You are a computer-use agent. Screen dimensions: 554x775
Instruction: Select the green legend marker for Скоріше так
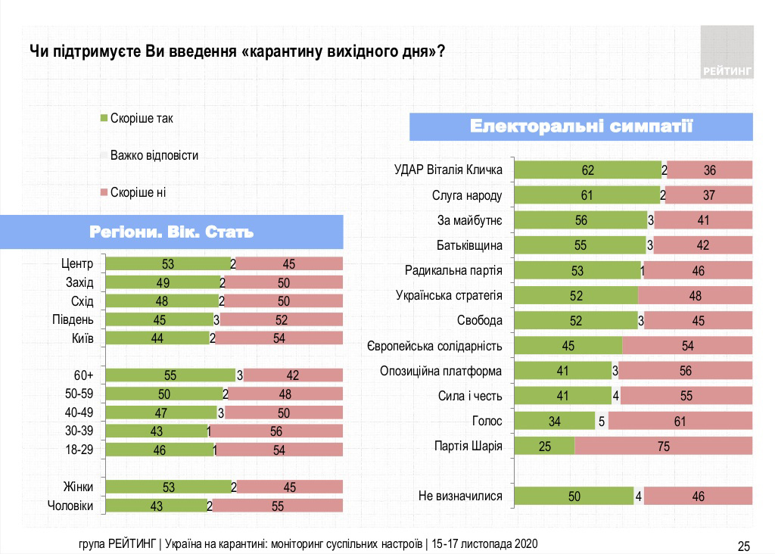point(104,118)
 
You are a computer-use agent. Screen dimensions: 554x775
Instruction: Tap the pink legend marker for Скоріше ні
point(104,192)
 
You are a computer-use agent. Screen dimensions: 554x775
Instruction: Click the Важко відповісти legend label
point(154,155)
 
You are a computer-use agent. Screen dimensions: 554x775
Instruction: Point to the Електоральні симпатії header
point(581,126)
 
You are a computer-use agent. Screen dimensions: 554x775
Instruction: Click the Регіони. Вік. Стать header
point(171,232)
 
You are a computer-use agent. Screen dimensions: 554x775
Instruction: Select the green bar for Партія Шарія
point(544,446)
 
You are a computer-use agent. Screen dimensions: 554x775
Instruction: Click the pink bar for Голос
point(680,421)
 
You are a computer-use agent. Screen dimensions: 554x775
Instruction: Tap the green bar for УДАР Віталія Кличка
point(587,170)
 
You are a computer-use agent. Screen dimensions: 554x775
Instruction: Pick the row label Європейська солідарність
point(434,346)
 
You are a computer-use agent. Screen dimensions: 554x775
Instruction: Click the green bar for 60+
point(170,375)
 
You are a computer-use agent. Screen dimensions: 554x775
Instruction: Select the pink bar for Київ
point(279,338)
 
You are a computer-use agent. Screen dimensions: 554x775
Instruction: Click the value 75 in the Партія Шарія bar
point(664,447)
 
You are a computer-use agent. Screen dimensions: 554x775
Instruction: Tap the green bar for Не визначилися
point(573,496)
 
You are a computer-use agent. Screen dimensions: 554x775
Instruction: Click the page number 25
point(744,546)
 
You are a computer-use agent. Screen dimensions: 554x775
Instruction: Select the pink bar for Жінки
point(290,487)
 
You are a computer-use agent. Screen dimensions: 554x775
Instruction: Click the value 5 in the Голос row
point(601,422)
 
